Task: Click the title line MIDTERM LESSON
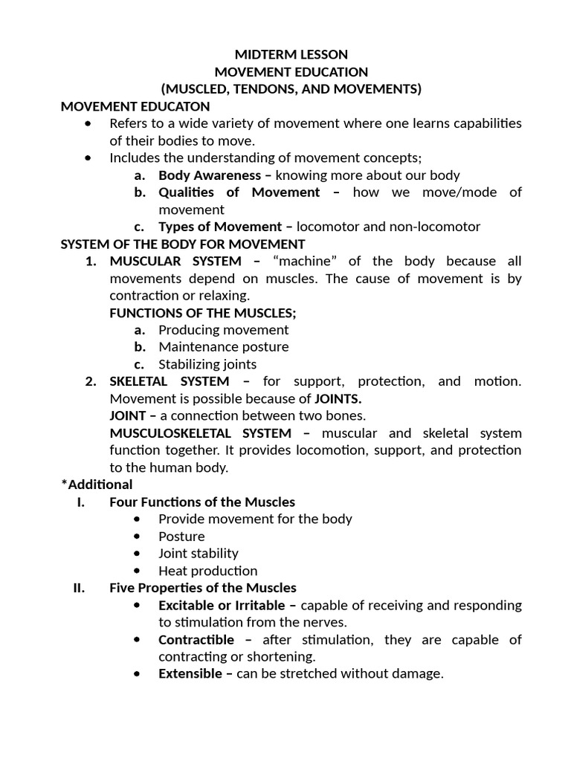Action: (x=291, y=54)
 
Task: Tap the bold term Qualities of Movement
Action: (x=239, y=192)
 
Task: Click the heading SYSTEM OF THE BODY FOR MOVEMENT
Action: (x=183, y=244)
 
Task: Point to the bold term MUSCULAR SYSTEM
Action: (x=175, y=261)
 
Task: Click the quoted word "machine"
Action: (x=307, y=261)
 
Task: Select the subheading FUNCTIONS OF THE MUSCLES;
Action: (x=203, y=313)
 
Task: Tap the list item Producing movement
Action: (x=223, y=330)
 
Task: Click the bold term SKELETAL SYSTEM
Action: (x=170, y=381)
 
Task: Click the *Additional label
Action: (x=97, y=485)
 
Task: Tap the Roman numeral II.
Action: (x=81, y=588)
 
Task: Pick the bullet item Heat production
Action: (x=207, y=571)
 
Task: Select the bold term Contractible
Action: (x=196, y=640)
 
